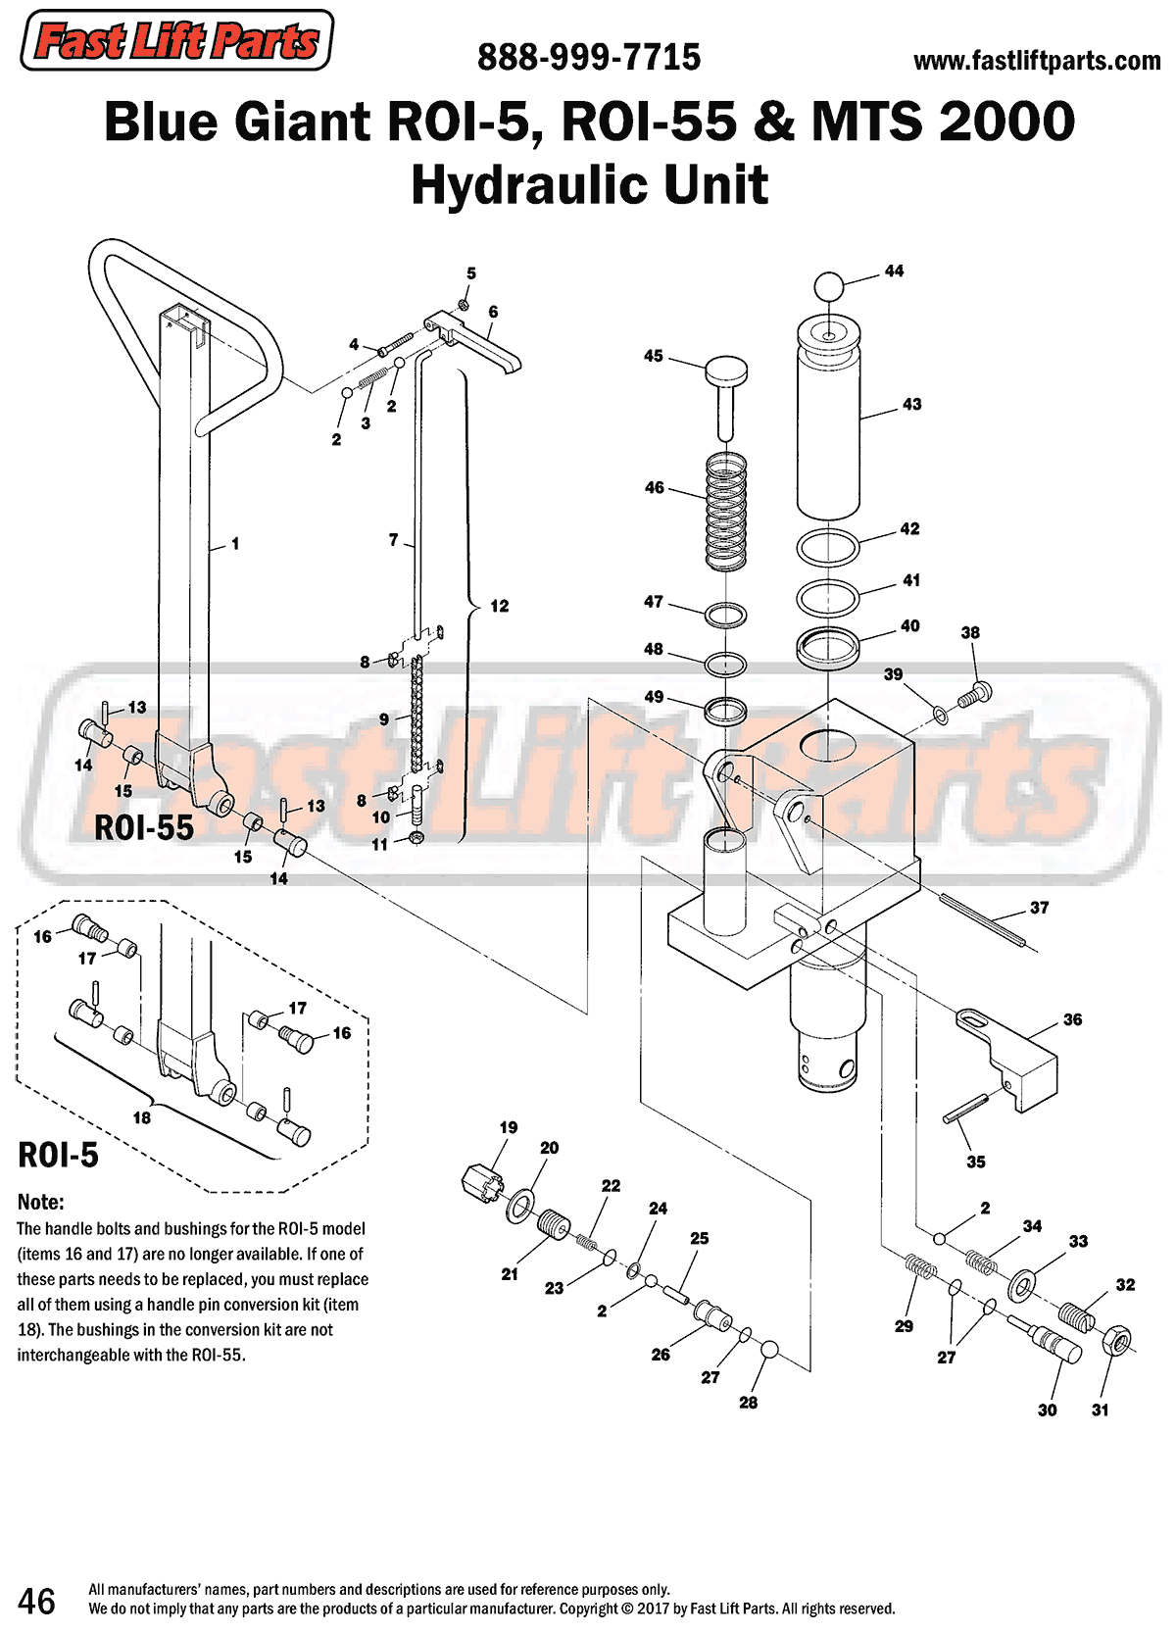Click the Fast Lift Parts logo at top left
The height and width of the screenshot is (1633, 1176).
pyautogui.click(x=176, y=41)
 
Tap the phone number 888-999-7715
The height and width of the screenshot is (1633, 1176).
pyautogui.click(x=589, y=58)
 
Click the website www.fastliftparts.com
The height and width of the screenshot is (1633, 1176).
pyautogui.click(x=1036, y=61)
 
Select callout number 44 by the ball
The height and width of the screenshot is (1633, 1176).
pyautogui.click(x=894, y=272)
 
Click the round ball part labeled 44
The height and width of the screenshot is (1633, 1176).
pyautogui.click(x=829, y=287)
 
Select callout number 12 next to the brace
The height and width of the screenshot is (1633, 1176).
pyautogui.click(x=500, y=607)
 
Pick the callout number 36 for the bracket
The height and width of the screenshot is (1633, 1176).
pyautogui.click(x=1072, y=1020)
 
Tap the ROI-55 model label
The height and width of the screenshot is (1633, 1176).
pyautogui.click(x=144, y=828)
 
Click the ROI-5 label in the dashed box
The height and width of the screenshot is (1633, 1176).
pyautogui.click(x=59, y=1156)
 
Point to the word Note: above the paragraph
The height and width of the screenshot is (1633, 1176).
pyautogui.click(x=40, y=1203)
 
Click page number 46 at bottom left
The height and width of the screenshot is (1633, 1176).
pyautogui.click(x=36, y=1602)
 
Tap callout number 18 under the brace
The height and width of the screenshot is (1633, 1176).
pyautogui.click(x=142, y=1118)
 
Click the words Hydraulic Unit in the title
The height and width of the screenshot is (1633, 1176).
pyautogui.click(x=589, y=184)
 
